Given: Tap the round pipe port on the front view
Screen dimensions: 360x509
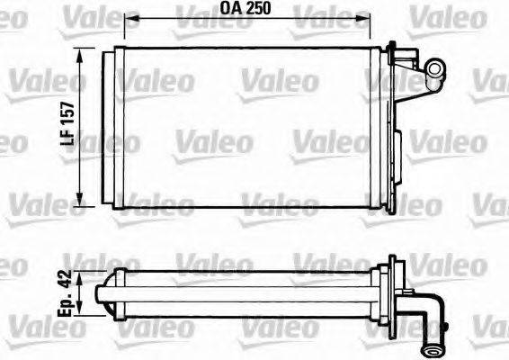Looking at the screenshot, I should (x=436, y=67).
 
